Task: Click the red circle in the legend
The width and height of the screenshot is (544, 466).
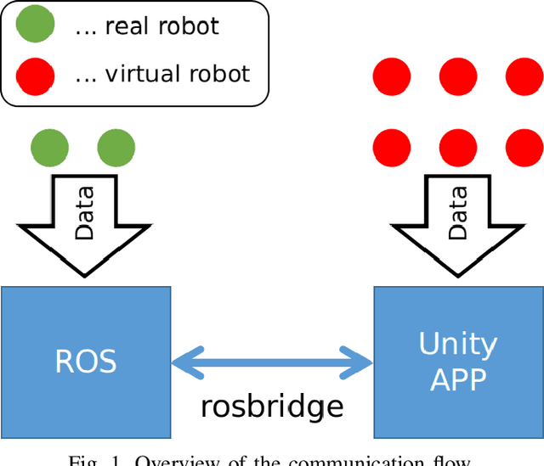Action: point(35,74)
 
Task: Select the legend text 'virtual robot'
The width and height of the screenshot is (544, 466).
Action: point(177,74)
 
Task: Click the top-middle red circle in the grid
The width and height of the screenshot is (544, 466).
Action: point(458,76)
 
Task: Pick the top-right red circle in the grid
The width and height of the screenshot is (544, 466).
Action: point(524,76)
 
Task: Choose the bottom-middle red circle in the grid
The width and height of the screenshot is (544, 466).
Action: point(458,147)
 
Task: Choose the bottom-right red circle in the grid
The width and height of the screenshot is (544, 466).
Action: point(524,147)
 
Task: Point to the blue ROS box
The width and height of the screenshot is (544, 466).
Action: point(86,361)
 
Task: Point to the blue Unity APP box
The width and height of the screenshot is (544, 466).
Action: point(458,361)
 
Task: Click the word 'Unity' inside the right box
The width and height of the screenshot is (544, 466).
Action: point(457,344)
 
